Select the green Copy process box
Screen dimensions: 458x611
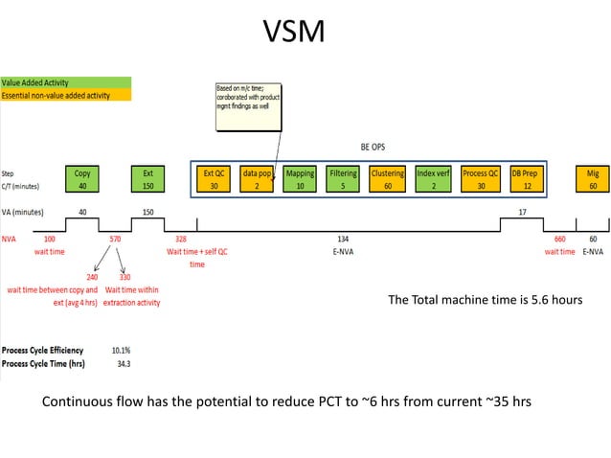click(x=82, y=179)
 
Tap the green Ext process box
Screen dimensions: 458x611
click(x=147, y=179)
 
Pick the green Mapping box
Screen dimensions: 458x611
click(x=300, y=179)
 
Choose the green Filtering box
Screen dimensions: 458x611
click(x=343, y=179)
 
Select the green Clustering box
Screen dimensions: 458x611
click(x=387, y=179)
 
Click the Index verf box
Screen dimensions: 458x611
click(x=433, y=179)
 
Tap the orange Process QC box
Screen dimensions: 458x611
click(x=480, y=179)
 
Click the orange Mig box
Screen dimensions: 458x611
click(x=593, y=179)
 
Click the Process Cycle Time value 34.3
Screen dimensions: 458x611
click(x=123, y=364)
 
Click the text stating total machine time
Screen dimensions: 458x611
click(x=485, y=300)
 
